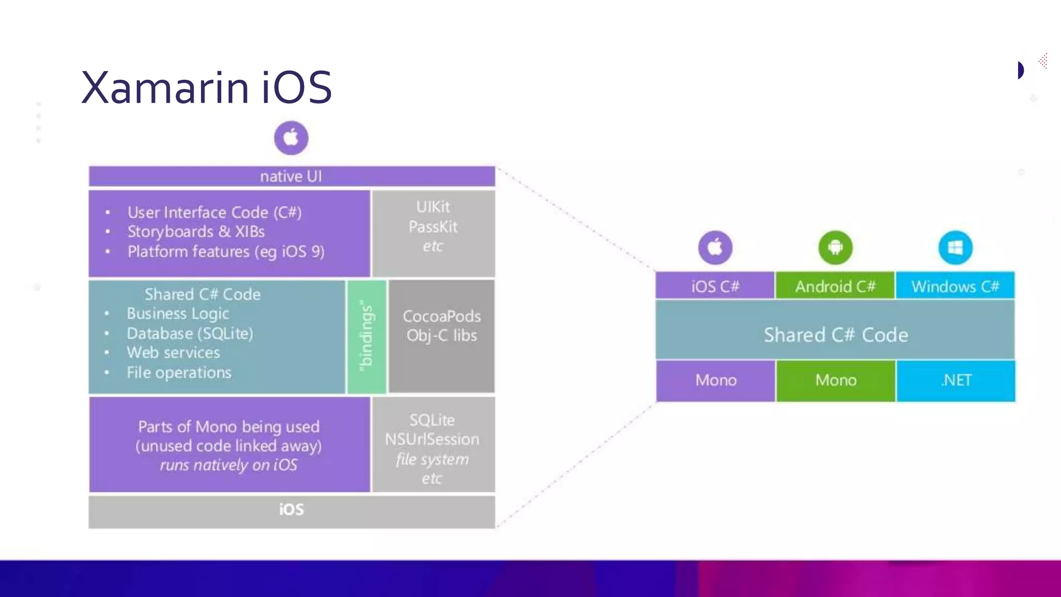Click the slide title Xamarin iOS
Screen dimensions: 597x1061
[x=206, y=87]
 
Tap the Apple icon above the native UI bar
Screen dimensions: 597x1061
[x=291, y=138]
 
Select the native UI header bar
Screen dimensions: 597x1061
[x=292, y=176]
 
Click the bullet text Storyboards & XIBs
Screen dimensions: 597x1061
[x=196, y=232]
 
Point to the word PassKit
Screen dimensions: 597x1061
[x=433, y=226]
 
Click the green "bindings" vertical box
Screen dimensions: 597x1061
[x=367, y=336]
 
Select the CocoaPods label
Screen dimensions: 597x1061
[x=441, y=316]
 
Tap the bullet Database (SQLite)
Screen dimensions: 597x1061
[x=190, y=333]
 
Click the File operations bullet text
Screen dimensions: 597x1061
[x=179, y=373]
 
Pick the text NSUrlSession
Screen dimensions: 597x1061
[x=432, y=439]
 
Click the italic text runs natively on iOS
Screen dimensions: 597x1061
[x=228, y=465]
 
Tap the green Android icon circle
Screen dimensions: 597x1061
[x=835, y=248]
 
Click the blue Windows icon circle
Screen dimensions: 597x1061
[x=955, y=248]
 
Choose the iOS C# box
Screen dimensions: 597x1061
[x=715, y=286]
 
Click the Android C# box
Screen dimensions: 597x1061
[x=835, y=286]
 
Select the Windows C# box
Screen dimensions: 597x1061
[x=955, y=286]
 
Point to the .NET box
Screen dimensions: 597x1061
[x=956, y=380]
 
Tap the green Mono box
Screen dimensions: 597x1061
[x=836, y=380]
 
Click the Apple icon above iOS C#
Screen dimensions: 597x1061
[x=715, y=248]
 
